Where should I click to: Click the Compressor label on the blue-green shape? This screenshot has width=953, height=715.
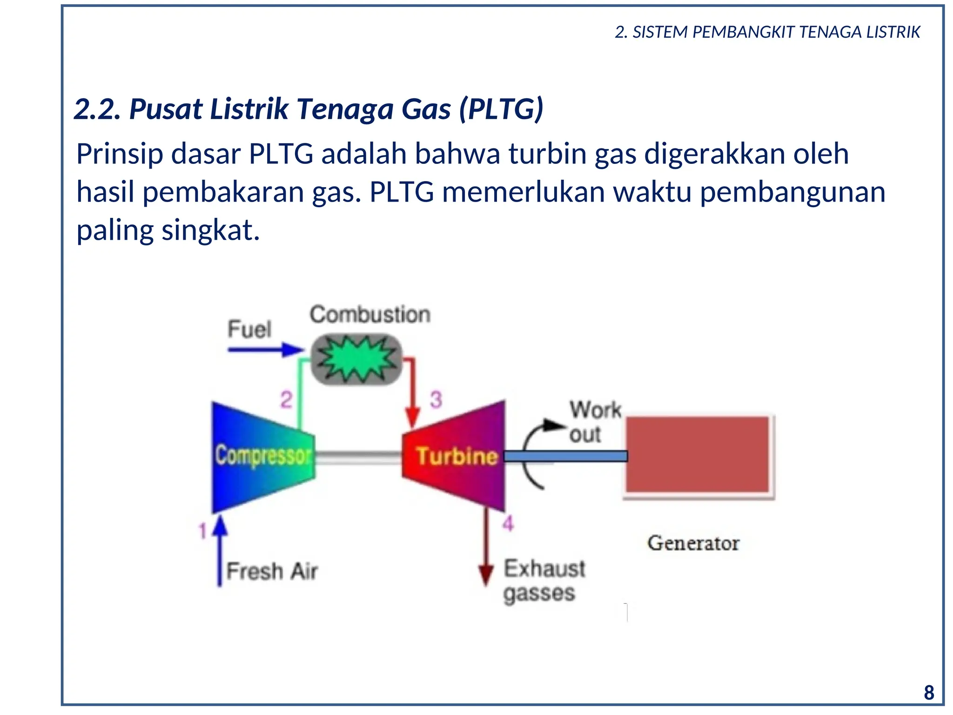point(263,456)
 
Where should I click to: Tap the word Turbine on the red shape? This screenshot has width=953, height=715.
point(456,456)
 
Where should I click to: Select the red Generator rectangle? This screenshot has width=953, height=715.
point(697,454)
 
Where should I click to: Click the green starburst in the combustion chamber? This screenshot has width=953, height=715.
point(357,359)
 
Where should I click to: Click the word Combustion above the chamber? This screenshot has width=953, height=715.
point(370,315)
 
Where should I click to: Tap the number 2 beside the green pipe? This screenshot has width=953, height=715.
point(286,400)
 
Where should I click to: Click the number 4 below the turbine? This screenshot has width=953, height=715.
point(508,524)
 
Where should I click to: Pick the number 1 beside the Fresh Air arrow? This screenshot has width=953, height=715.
point(202,531)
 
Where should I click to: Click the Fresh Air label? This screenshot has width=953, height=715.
point(272,571)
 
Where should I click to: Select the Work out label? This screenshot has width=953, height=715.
point(594,422)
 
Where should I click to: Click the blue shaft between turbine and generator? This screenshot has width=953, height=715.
point(565,456)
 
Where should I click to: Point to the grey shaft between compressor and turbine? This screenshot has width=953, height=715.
point(358,457)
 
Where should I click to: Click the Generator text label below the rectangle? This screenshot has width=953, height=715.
point(693,543)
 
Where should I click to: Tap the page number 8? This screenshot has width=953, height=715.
point(928,693)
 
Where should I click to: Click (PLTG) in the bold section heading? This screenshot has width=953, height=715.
point(501,109)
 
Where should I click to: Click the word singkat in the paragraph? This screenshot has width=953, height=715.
point(210,230)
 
